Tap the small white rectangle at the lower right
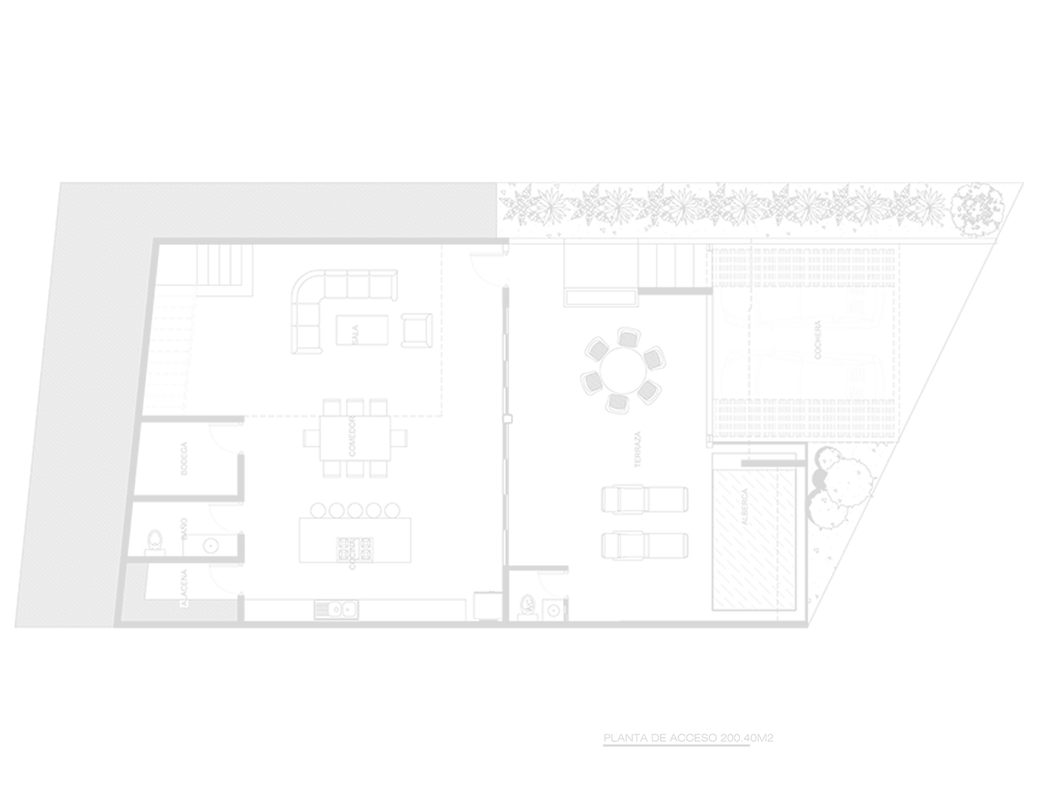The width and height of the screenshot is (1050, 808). click(937, 776)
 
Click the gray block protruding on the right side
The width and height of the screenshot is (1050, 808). click(926, 464)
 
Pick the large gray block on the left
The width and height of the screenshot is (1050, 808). click(414, 404)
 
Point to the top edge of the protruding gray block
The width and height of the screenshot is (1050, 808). click(926, 182)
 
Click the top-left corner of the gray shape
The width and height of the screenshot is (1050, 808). click(1, 1)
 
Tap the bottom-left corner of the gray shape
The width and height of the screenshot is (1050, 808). click(1, 806)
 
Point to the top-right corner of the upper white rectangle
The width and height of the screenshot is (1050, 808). click(1048, 1)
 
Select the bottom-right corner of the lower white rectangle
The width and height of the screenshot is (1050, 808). click(1048, 806)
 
